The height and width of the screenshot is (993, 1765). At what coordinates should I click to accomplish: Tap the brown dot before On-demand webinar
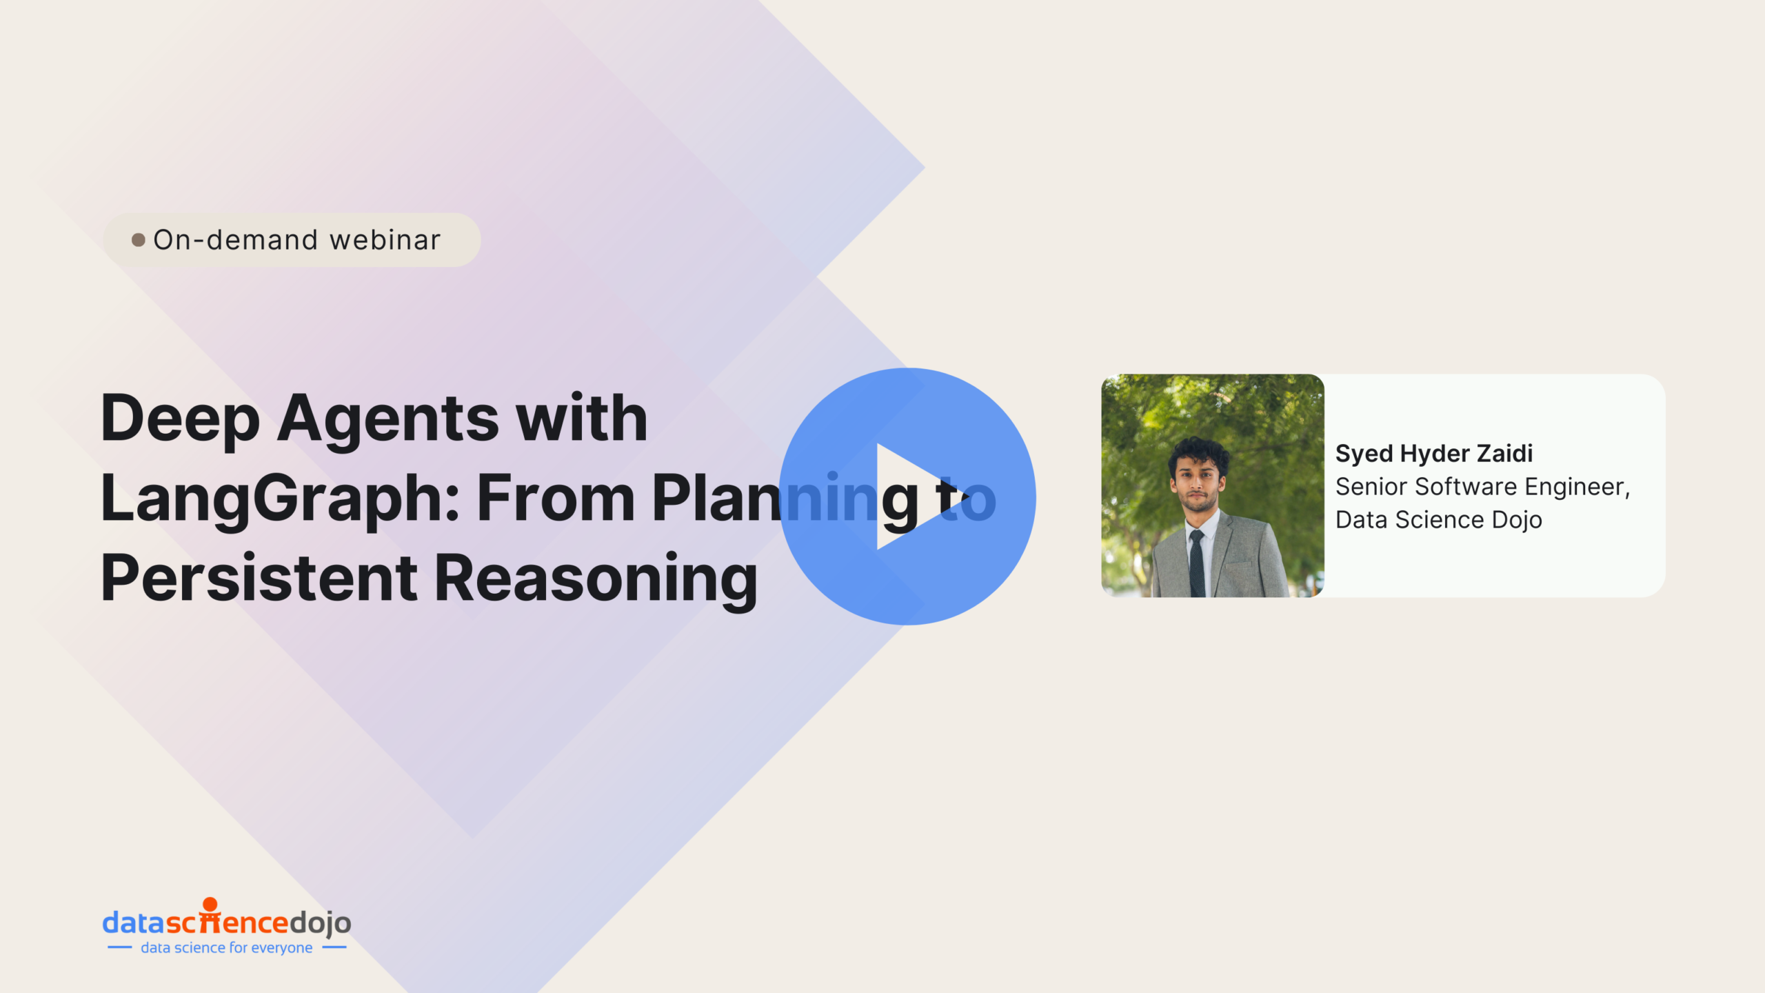click(139, 240)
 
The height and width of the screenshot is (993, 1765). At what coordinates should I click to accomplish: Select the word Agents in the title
click(388, 419)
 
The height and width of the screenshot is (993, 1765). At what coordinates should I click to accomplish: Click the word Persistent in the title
click(259, 578)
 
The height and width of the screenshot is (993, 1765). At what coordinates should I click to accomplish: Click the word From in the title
click(556, 498)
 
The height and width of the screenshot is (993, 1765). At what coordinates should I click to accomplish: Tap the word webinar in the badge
click(385, 240)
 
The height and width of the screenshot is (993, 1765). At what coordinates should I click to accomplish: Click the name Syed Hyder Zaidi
click(1434, 454)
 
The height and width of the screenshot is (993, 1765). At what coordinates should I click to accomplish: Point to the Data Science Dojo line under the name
click(1439, 520)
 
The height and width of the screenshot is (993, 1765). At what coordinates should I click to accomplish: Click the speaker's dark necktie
click(1197, 563)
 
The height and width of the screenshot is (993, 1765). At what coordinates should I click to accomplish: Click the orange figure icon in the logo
click(210, 914)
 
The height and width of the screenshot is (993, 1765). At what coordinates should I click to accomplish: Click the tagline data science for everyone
click(227, 948)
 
